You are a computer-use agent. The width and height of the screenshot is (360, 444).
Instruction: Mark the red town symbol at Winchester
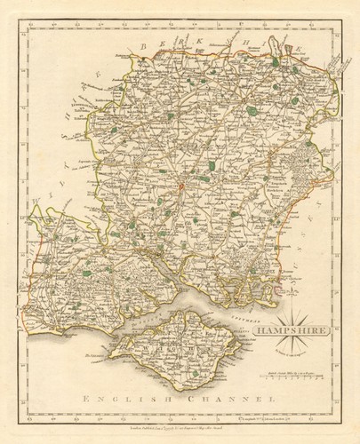180,186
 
